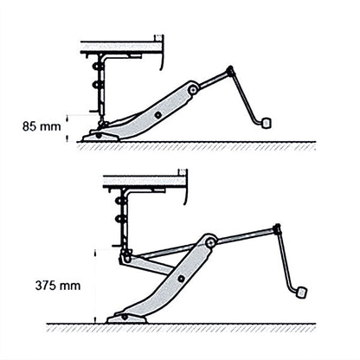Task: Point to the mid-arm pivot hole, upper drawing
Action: tap(157, 112)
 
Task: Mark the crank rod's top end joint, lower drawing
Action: tap(276, 228)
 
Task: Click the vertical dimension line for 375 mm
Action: tap(93, 286)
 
